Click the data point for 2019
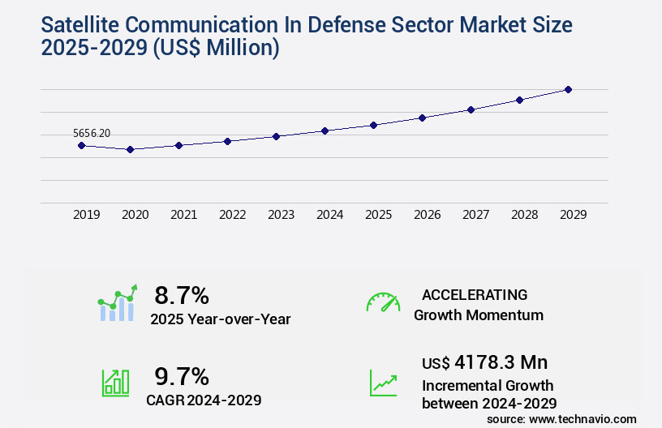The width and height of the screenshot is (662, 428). tap(81, 145)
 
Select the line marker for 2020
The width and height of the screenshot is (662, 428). tap(130, 149)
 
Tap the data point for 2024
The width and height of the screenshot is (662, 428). tap(325, 131)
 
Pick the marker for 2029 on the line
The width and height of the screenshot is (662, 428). tap(568, 89)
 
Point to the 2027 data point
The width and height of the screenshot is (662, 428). tap(471, 109)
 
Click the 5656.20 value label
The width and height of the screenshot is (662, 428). tap(92, 133)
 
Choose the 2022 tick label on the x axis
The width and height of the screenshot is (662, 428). tap(232, 215)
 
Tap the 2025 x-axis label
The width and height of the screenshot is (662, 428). tap(378, 215)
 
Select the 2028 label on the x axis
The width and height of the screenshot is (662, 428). tap(524, 215)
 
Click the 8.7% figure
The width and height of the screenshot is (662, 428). tap(182, 295)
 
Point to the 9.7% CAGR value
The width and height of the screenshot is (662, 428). tap(182, 376)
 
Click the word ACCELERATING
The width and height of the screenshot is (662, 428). tap(475, 294)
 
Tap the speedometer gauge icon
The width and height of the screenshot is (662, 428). tap(383, 302)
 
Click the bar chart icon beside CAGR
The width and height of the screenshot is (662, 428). tap(115, 383)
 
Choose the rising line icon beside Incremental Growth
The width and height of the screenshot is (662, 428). tap(383, 383)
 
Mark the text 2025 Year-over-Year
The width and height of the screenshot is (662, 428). tap(220, 319)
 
